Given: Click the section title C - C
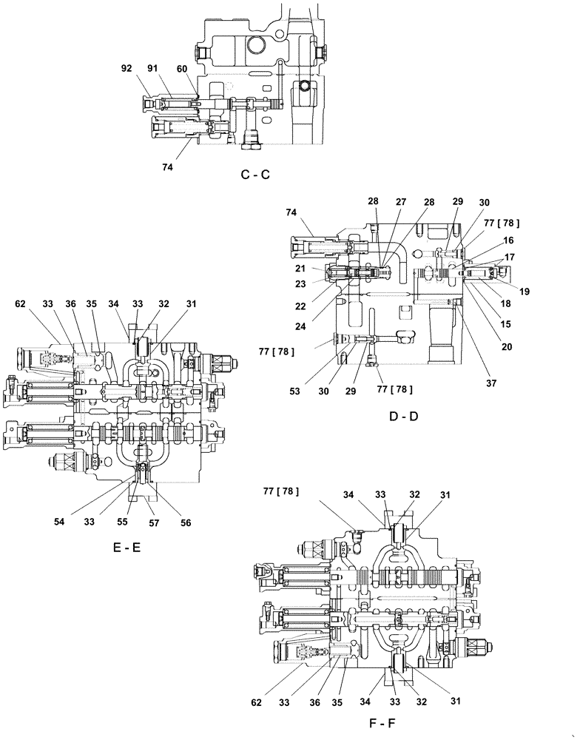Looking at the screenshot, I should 255,175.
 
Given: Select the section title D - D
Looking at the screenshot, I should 403,416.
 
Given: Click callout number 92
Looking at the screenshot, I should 127,67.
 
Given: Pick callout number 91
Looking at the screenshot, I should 152,67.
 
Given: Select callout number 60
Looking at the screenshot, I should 181,67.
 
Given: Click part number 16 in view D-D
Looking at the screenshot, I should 509,241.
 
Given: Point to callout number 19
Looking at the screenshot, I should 524,292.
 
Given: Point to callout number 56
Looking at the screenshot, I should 185,522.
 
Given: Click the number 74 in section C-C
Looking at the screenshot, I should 167,167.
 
